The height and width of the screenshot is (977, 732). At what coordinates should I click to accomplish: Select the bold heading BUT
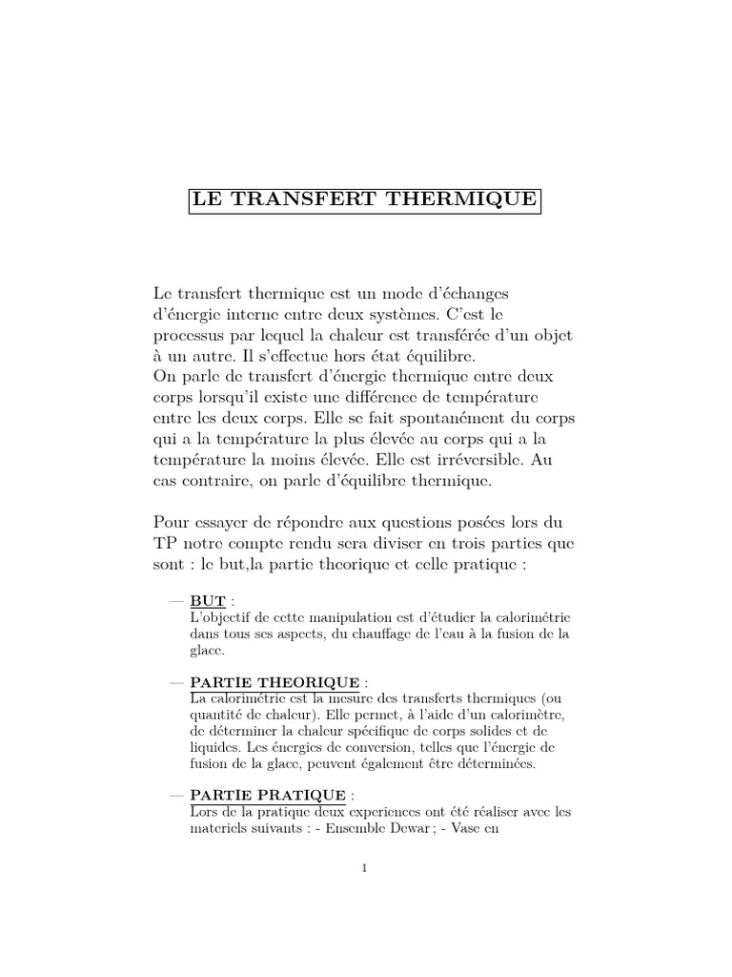(x=208, y=601)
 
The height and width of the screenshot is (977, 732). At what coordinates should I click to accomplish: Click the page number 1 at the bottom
(x=365, y=868)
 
